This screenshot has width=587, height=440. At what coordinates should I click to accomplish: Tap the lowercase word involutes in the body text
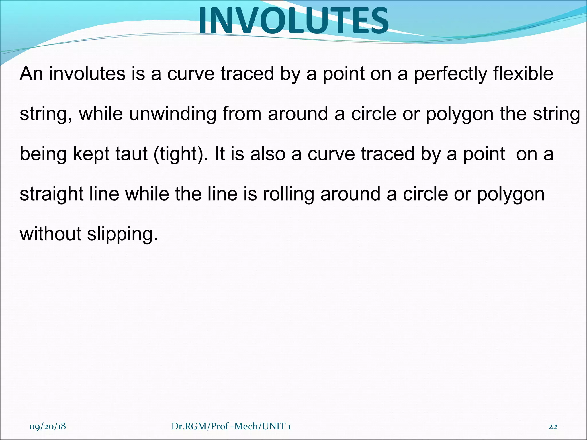[87, 74]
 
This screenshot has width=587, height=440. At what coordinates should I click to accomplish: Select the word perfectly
[450, 74]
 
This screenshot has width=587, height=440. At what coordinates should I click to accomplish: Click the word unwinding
[173, 114]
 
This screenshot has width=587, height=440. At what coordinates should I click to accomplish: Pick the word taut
[132, 154]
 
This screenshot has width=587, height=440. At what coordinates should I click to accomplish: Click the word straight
[51, 194]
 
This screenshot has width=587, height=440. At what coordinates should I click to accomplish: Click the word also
[268, 154]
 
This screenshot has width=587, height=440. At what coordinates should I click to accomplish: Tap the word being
[43, 154]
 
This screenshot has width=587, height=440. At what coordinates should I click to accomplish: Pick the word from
[242, 114]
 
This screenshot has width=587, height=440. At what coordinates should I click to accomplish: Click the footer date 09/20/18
[48, 427]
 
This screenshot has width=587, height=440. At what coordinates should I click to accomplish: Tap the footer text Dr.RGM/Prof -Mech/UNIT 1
[231, 427]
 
